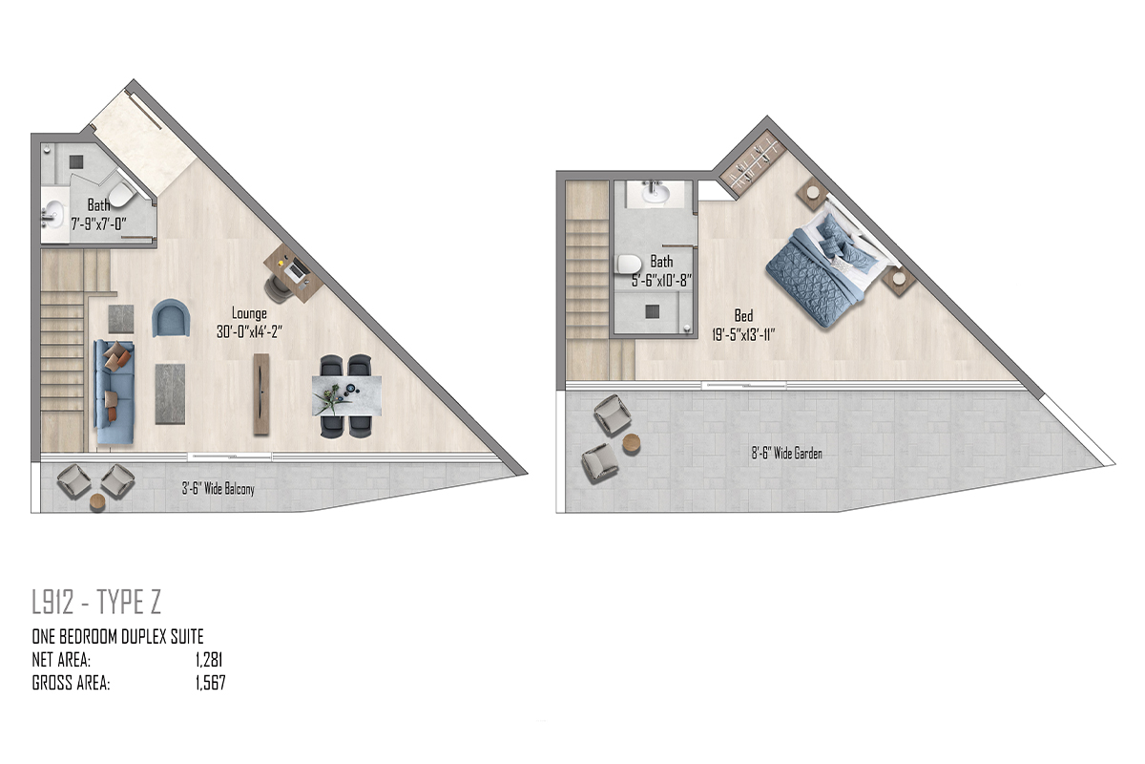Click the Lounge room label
point(249,313)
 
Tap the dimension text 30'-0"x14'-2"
point(249,332)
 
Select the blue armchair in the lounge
point(171,318)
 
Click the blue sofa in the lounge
point(114,392)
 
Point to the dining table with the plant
point(347,395)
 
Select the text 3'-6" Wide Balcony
point(219,489)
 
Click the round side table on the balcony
point(97,503)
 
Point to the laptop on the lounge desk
point(297,269)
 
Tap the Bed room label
point(743,315)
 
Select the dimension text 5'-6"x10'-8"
point(661,281)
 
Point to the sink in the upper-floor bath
point(655,194)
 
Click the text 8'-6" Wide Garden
point(786,453)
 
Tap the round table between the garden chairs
point(632,444)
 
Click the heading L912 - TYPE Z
point(96,602)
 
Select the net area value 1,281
point(209,660)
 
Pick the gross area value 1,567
point(210,683)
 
